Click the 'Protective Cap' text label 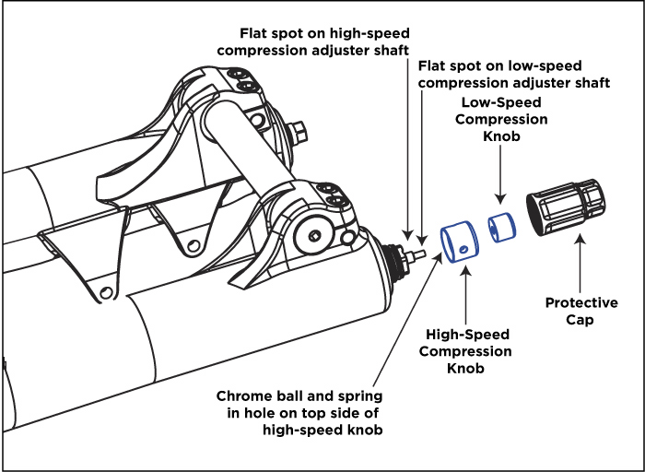click(x=581, y=311)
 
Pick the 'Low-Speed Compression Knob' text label click(x=502, y=119)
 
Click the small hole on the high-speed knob click(x=463, y=248)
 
